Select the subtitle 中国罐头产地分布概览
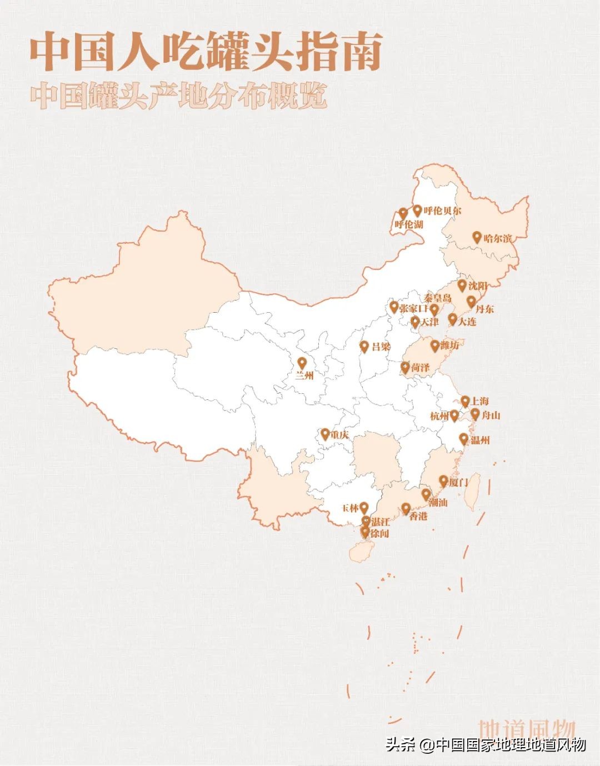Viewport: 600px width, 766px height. (178, 97)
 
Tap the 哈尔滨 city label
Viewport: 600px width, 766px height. (497, 238)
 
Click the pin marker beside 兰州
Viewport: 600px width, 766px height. (302, 363)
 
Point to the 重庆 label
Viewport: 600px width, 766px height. (339, 434)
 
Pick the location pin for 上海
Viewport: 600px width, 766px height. (465, 401)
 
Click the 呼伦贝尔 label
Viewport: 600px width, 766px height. (442, 211)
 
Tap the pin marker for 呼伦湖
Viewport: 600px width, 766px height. (403, 213)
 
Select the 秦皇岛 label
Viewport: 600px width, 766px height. (438, 298)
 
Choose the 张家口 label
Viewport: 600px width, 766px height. (413, 308)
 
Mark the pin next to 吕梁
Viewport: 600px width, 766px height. (364, 347)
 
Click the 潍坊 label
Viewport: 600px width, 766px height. (450, 346)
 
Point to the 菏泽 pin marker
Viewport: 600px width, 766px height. (406, 367)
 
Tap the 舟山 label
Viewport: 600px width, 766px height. (491, 415)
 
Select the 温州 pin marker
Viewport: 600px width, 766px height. (464, 439)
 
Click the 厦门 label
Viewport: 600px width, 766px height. (458, 482)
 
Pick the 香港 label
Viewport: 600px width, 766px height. (418, 516)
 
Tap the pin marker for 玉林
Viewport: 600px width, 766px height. (364, 507)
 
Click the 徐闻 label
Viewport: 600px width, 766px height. (379, 533)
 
